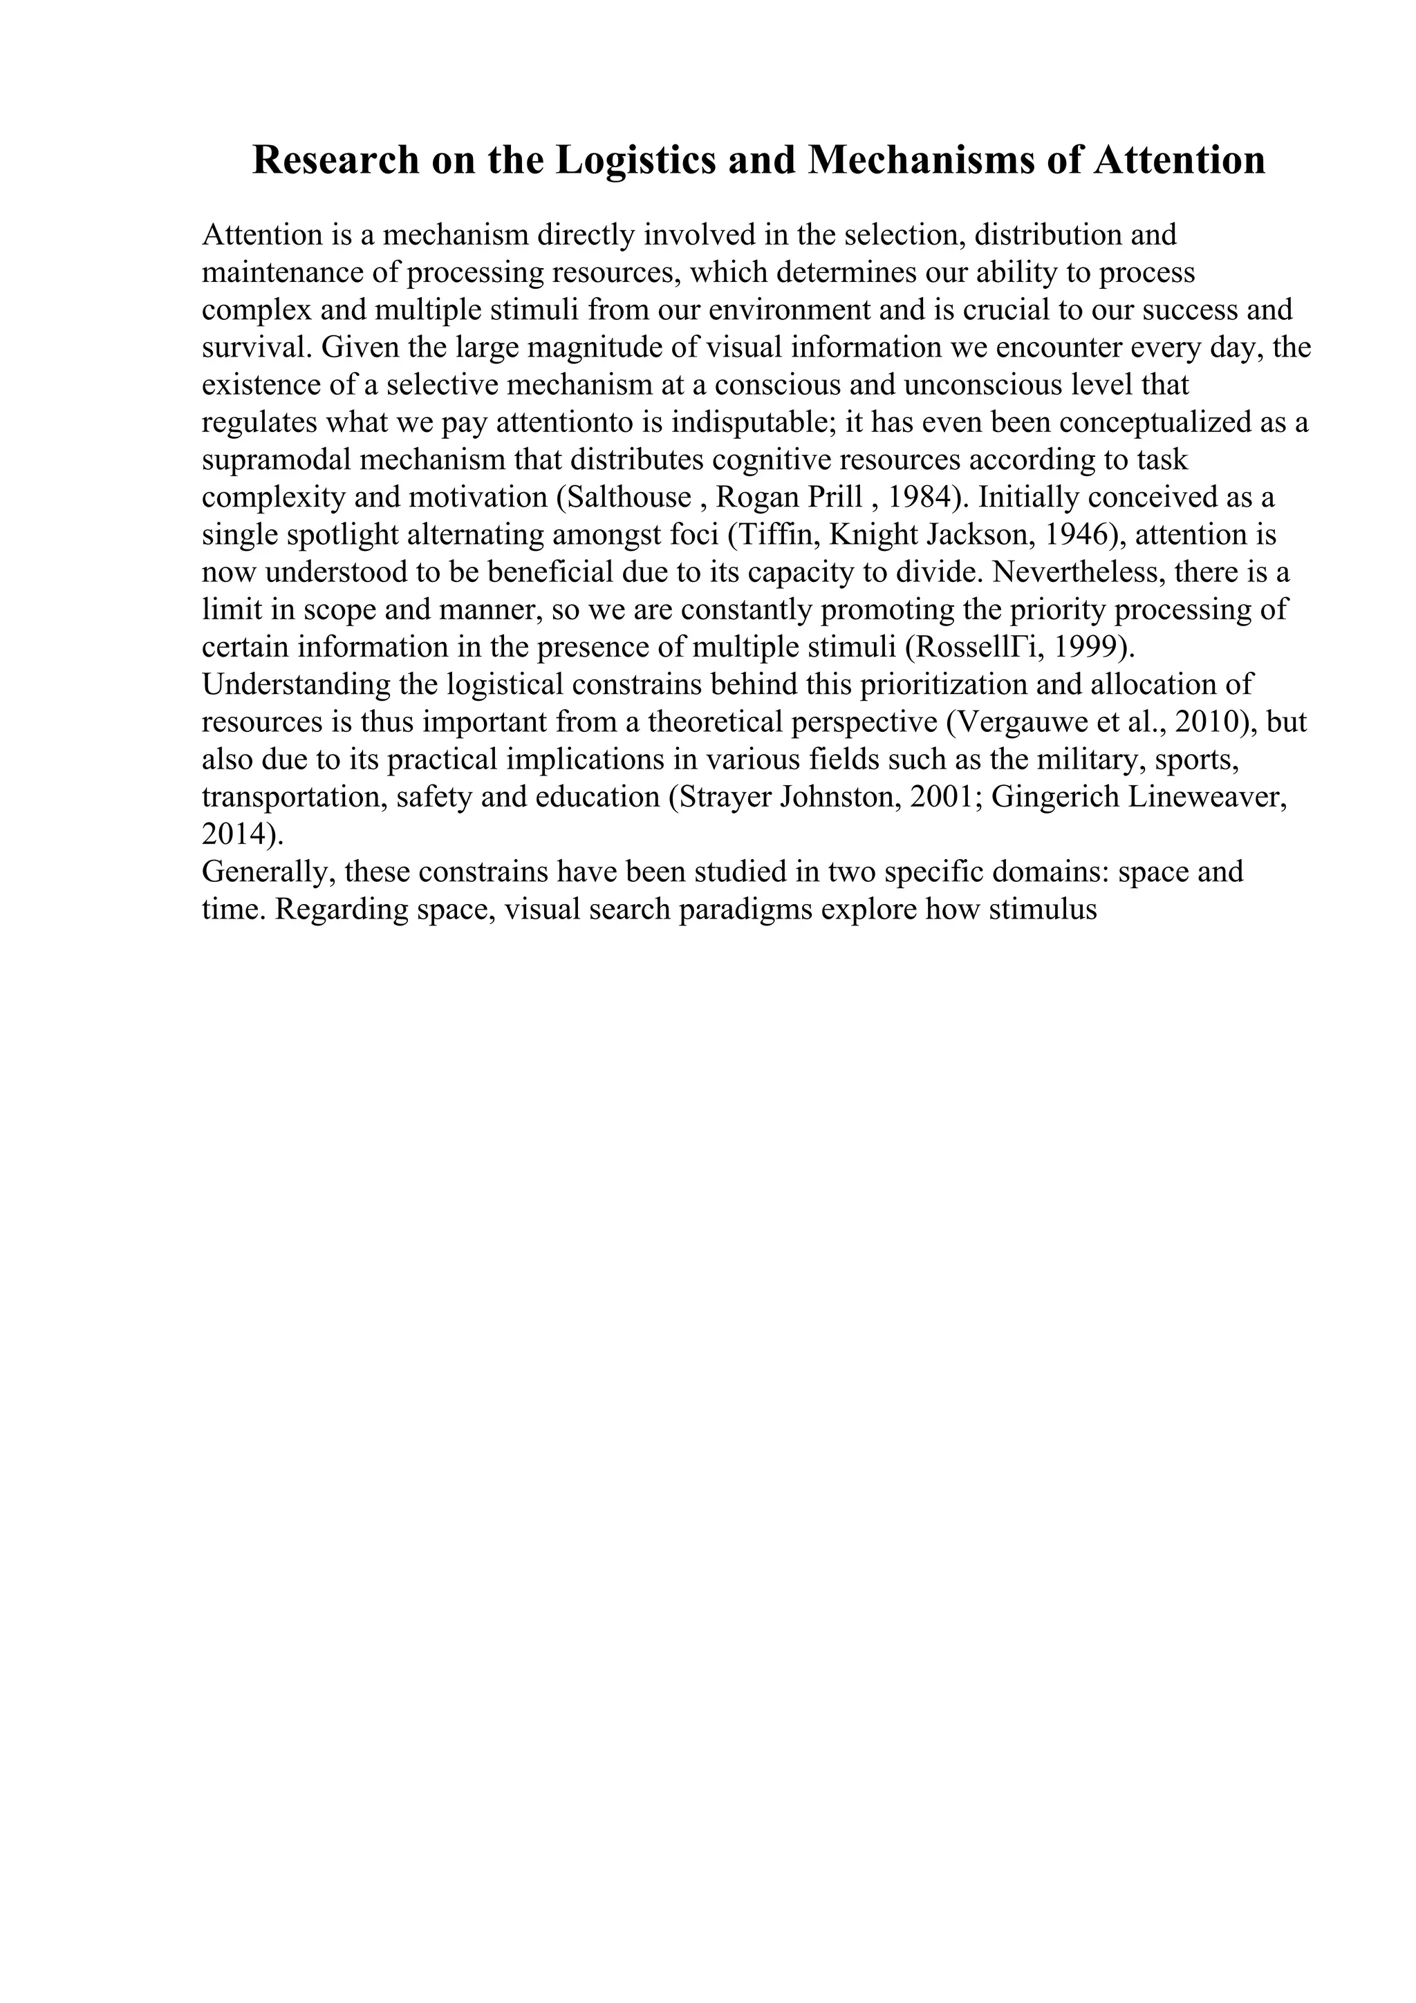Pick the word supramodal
(273, 460)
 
